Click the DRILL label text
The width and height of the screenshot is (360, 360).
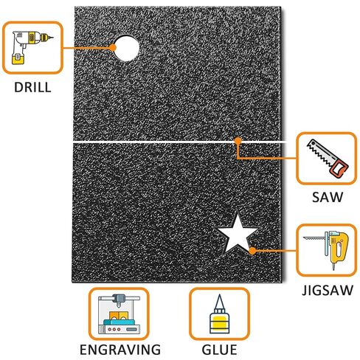pos(32,87)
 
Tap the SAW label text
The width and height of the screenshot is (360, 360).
pos(328,197)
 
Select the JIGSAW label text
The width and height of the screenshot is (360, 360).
pos(328,290)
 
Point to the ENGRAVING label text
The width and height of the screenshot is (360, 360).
pos(120,350)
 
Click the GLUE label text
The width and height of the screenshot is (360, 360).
pos(219,350)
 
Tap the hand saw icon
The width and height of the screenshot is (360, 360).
pos(328,158)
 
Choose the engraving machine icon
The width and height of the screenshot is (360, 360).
pos(119,314)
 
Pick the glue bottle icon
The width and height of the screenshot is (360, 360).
pos(219,314)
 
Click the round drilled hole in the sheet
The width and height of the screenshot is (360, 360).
pos(127,48)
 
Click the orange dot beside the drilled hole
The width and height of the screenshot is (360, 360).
pos(113,47)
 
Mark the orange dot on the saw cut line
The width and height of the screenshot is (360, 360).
pos(238,141)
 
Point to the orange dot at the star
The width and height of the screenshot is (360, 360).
pos(252,251)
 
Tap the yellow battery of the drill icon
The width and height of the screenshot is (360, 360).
pos(18,59)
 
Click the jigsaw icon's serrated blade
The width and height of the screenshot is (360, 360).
pos(314,238)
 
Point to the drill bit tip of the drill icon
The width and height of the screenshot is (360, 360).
pos(52,38)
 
